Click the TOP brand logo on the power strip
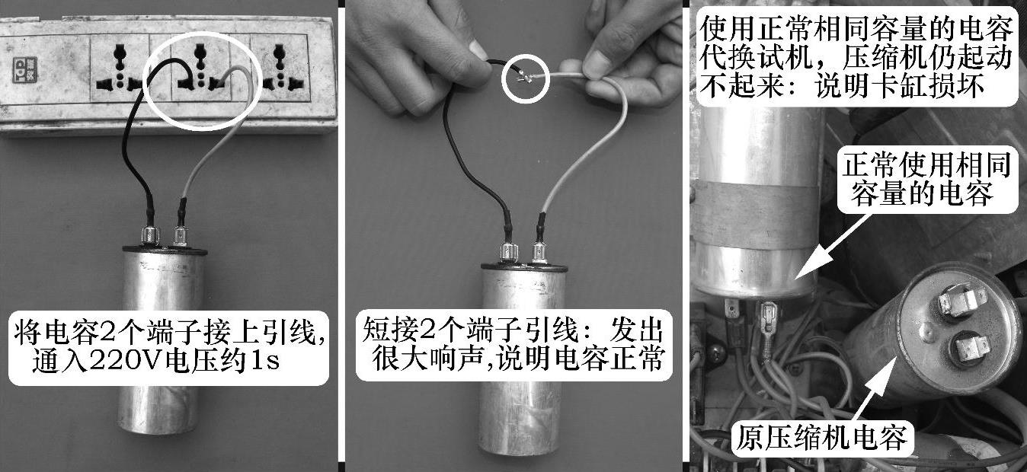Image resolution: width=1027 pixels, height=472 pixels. pyautogui.click(x=24, y=70)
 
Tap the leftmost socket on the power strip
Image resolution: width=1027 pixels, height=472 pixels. pyautogui.click(x=119, y=69)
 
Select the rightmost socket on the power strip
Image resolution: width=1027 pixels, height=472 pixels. pyautogui.click(x=279, y=69)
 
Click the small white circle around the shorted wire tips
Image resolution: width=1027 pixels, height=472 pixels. pyautogui.click(x=525, y=78)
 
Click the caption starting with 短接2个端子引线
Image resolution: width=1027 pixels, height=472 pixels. pyautogui.click(x=513, y=345)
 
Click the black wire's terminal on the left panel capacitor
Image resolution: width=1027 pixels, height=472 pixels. pyautogui.click(x=150, y=235)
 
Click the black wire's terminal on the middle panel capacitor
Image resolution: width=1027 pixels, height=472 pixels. pyautogui.click(x=508, y=252)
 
